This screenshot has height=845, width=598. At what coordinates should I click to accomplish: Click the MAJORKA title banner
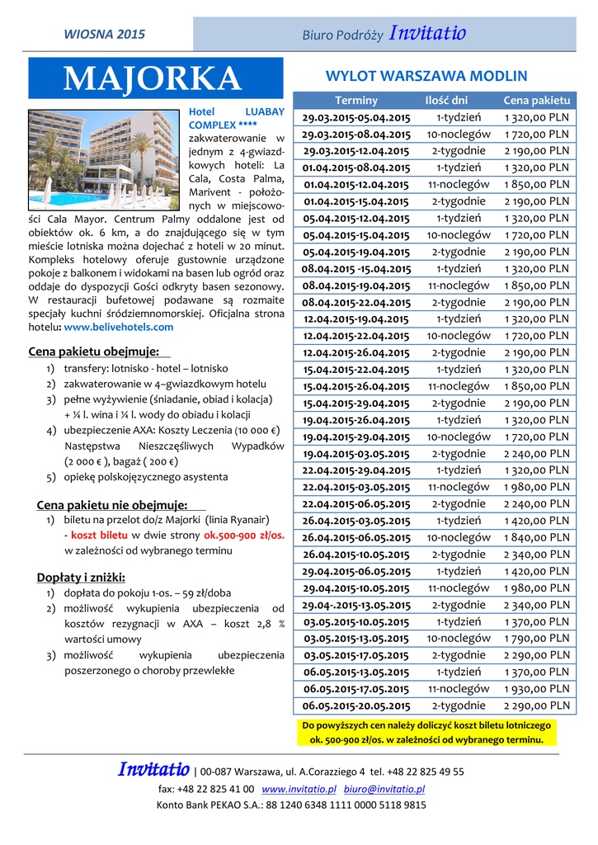click(x=156, y=78)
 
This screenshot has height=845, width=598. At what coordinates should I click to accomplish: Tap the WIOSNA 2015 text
click(x=104, y=35)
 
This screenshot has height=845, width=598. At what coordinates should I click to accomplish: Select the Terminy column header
click(x=356, y=100)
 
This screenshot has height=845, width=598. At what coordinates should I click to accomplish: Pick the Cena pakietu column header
click(x=536, y=100)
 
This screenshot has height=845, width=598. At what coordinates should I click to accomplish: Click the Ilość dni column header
click(x=446, y=100)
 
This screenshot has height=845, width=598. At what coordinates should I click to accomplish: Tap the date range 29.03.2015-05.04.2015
click(x=356, y=117)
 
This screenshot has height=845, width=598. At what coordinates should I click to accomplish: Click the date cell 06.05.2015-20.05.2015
click(x=356, y=706)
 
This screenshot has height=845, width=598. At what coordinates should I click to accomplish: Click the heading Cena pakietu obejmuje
click(x=93, y=352)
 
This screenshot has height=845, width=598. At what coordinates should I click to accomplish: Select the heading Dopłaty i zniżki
click(x=81, y=576)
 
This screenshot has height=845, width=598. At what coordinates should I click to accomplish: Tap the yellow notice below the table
click(x=426, y=732)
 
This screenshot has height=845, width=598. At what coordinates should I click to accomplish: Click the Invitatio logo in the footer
click(x=154, y=771)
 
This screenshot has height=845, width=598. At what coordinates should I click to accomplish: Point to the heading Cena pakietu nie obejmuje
click(x=112, y=504)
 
